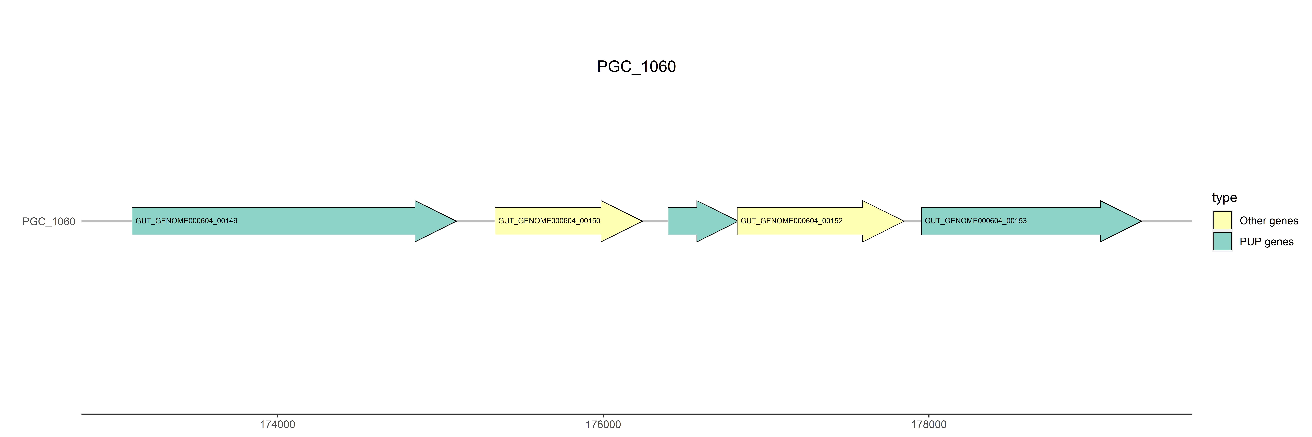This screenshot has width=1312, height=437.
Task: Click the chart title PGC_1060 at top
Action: point(636,67)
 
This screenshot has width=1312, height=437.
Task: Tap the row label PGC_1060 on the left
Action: point(49,221)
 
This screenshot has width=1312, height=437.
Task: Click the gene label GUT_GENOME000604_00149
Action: point(186,221)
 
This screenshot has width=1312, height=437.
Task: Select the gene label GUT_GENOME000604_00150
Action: point(549,221)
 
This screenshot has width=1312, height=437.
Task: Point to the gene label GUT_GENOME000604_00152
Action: point(791,221)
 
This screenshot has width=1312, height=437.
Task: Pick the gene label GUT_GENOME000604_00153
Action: point(976,221)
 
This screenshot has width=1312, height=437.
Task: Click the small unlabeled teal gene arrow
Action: point(698,221)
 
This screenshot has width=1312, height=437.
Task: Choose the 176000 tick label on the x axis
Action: point(603,424)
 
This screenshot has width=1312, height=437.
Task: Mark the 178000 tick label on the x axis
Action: point(928,424)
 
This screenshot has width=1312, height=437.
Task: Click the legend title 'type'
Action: point(1224,197)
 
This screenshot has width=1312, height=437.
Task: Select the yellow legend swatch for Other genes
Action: point(1222,220)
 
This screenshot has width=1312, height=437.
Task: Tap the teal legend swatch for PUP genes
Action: point(1222,241)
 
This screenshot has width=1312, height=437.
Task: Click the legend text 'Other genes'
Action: point(1269,221)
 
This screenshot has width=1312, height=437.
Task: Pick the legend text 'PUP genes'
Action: point(1266,242)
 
